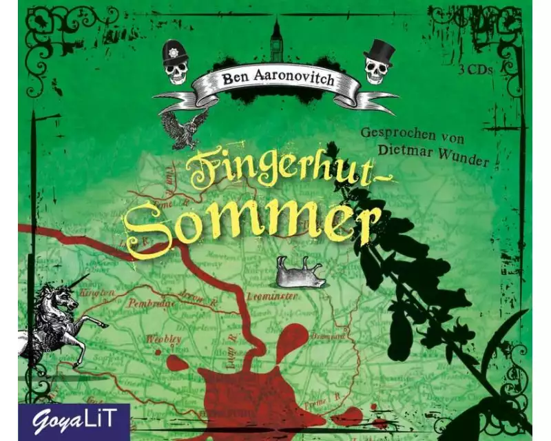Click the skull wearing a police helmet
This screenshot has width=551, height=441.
tap(176, 63)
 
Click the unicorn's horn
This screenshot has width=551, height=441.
tap(81, 281)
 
